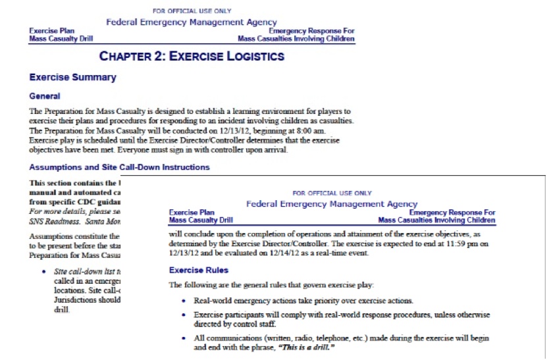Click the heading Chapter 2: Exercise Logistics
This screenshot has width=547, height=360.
[191, 57]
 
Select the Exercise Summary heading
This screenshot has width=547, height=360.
[72, 78]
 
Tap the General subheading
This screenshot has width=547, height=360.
[45, 96]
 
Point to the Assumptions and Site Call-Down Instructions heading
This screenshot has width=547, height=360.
[119, 167]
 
